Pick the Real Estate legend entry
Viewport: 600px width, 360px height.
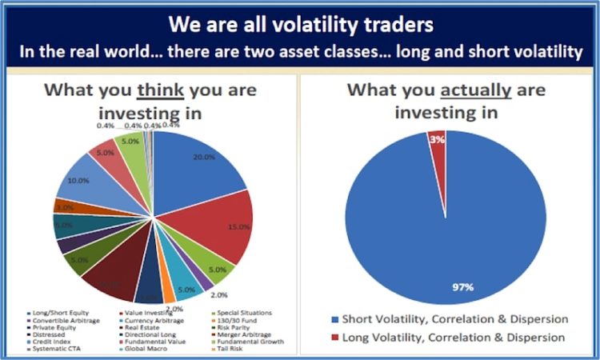tap(145, 328)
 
